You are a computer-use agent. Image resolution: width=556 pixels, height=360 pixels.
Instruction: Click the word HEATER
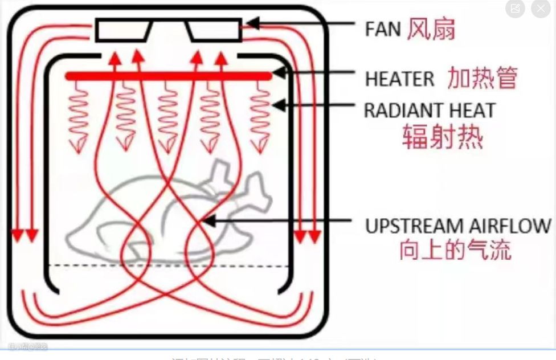point(399,79)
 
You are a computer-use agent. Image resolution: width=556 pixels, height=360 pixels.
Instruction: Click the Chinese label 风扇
point(431,29)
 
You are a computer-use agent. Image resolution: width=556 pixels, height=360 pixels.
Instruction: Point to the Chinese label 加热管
point(482,78)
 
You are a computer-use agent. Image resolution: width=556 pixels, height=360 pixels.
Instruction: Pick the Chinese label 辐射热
point(442,137)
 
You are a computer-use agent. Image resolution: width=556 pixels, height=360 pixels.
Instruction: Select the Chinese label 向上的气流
point(455,251)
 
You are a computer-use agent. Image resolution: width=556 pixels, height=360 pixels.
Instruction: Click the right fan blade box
point(215,30)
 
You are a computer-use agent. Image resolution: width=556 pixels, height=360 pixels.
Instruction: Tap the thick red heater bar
point(168,76)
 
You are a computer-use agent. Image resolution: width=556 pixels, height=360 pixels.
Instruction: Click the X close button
point(541,9)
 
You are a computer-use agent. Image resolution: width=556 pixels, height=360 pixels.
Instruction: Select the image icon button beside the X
point(515,9)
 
